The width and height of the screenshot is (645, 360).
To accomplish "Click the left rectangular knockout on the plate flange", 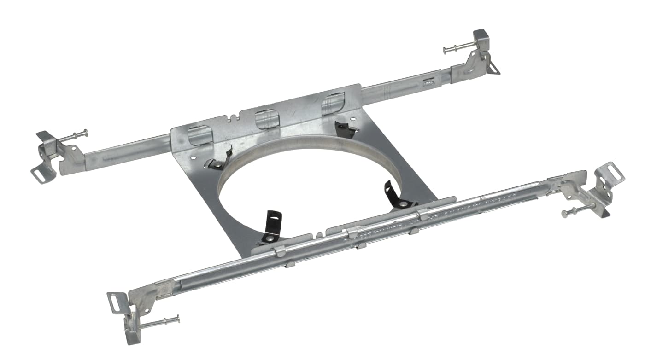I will (x=200, y=135).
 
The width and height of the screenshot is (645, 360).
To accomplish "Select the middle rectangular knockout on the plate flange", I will (x=267, y=119).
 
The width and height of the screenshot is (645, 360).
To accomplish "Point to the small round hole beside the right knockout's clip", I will (x=353, y=118).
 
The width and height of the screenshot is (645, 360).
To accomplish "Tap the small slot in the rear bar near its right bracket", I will (x=428, y=81).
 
